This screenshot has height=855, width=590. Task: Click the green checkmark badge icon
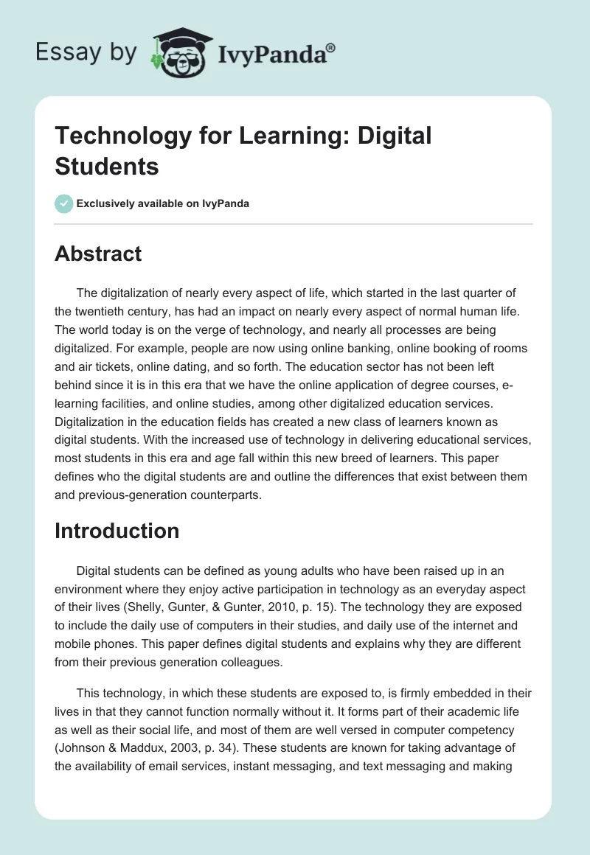63,203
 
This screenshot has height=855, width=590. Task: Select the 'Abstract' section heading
98,254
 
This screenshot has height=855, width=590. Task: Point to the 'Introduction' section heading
117,531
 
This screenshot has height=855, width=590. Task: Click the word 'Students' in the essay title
107,167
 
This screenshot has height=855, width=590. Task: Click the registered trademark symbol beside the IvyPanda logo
332,46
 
